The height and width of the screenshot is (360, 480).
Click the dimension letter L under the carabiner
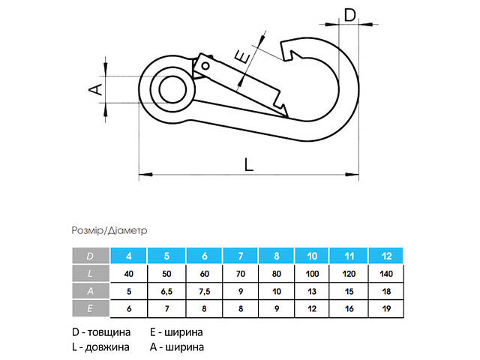tap(250, 163)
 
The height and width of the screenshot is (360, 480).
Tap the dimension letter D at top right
tap(349, 14)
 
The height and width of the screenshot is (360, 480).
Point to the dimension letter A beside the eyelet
tap(94, 90)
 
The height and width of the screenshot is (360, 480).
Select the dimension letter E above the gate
tap(241, 56)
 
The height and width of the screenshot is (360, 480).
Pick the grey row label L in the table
tap(91, 273)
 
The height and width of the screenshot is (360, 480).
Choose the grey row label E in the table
tap(91, 307)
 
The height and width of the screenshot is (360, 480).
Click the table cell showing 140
tap(386, 273)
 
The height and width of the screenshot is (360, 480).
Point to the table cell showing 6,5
tap(166, 290)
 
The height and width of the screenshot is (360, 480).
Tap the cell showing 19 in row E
tap(386, 307)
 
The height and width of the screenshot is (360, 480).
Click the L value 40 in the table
tap(129, 273)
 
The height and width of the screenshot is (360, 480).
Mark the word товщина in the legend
tap(111, 332)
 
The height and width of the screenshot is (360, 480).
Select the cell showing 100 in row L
tap(313, 273)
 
